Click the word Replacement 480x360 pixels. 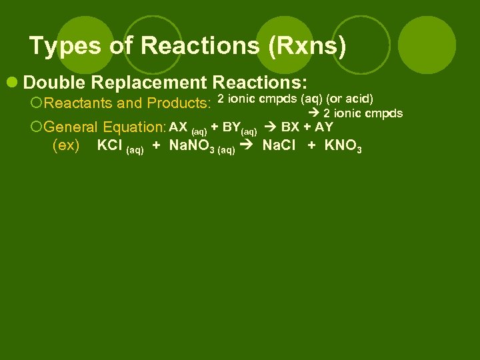pyautogui.click(x=149, y=83)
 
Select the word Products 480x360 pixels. pyautogui.click(x=179, y=103)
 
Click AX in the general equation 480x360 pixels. pyautogui.click(x=178, y=127)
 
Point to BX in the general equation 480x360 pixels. pyautogui.click(x=291, y=127)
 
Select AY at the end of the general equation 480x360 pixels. pyautogui.click(x=324, y=127)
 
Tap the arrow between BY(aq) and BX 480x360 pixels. pyautogui.click(x=271, y=127)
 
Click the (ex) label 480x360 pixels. pyautogui.click(x=66, y=146)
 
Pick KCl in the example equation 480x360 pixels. pyautogui.click(x=109, y=146)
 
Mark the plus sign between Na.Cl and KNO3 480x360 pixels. pyautogui.click(x=312, y=146)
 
